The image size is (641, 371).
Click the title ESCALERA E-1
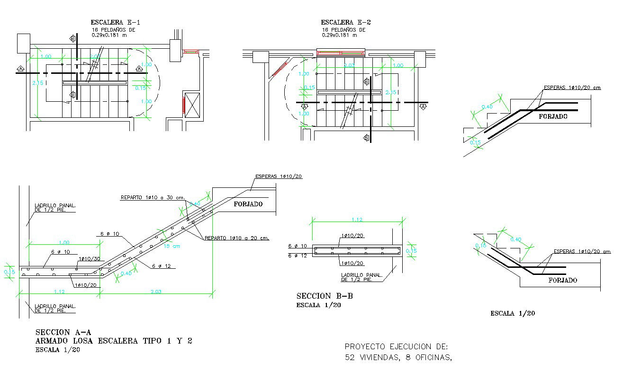(x=115, y=22)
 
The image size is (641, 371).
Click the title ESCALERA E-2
(x=345, y=22)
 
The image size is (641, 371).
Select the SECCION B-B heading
(x=325, y=296)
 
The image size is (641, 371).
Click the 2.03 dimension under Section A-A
(x=156, y=291)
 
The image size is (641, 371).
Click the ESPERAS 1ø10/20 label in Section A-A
(x=279, y=176)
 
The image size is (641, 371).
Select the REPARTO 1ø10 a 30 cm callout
(x=152, y=197)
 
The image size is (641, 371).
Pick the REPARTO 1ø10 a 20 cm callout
(x=237, y=238)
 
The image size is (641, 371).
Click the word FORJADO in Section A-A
(x=248, y=204)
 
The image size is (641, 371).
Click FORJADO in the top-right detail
(x=553, y=116)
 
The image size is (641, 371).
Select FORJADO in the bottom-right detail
(x=562, y=280)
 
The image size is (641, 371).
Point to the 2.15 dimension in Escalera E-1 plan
(x=37, y=83)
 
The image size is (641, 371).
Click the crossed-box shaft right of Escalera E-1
(x=193, y=105)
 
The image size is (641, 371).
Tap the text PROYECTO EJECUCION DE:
(x=396, y=346)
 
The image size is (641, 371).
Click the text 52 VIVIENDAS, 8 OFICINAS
(x=398, y=358)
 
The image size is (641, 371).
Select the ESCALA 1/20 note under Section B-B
(x=318, y=305)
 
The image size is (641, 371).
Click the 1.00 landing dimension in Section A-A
(x=63, y=243)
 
